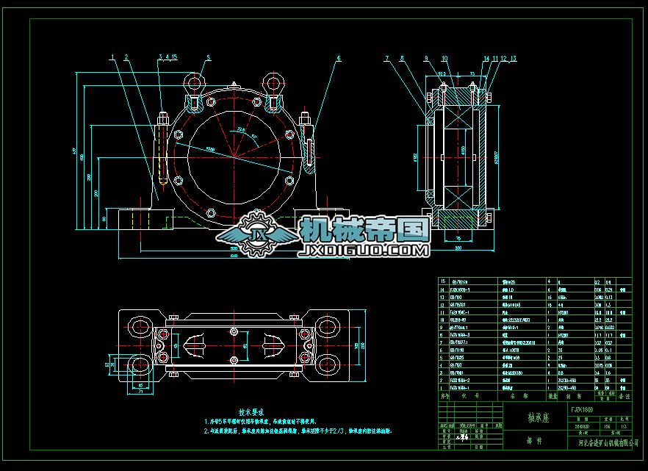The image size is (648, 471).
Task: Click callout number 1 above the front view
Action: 112,57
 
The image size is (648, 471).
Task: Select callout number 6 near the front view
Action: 339,57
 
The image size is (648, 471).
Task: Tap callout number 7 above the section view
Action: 387,57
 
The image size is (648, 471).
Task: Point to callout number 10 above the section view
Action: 444,57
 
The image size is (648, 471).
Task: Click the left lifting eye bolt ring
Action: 193,79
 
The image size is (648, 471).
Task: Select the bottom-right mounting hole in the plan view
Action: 328,362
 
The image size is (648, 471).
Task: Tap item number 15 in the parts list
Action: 443,281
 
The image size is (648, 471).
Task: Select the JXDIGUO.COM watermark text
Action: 363,251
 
